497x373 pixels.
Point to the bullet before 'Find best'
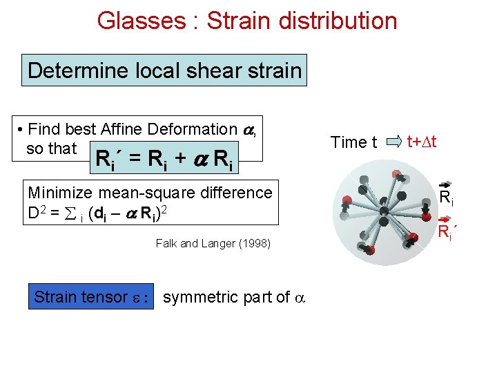click(22, 129)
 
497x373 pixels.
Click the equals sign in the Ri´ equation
click(136, 160)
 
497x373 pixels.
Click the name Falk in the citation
click(166, 243)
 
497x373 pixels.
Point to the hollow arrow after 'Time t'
click(394, 142)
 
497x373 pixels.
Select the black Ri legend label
click(447, 198)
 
